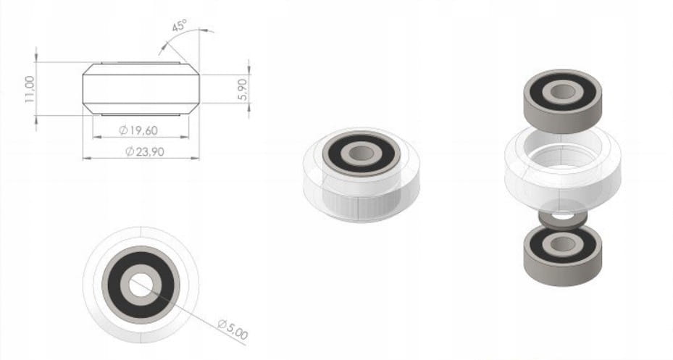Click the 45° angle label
click(x=180, y=25)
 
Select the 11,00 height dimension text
click(x=30, y=89)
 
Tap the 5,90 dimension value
click(x=243, y=89)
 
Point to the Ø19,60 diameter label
click(x=138, y=130)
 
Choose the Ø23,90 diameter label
click(x=145, y=151)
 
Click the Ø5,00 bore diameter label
click(x=233, y=329)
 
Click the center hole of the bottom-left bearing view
click(x=138, y=285)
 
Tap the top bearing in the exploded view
click(x=563, y=101)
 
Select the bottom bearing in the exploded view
click(x=563, y=254)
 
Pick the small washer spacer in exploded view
click(x=563, y=219)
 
